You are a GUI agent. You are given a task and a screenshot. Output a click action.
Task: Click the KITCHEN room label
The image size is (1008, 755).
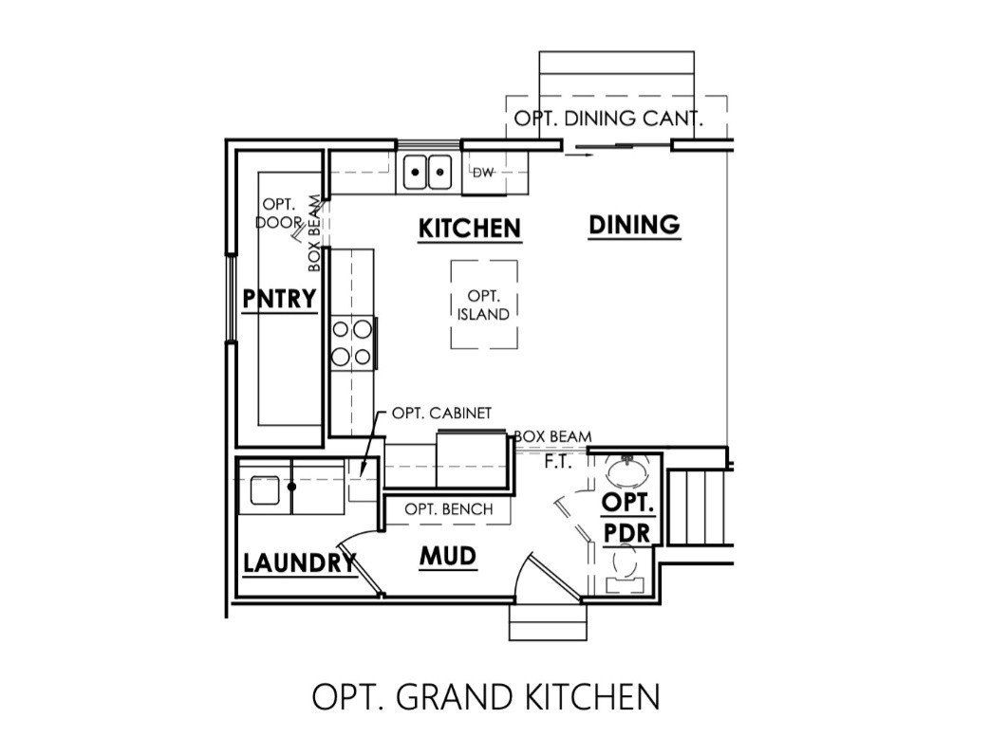point(470,229)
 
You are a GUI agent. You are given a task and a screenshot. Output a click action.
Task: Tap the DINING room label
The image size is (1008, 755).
point(634,226)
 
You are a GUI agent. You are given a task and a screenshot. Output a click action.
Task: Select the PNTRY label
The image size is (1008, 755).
point(279,299)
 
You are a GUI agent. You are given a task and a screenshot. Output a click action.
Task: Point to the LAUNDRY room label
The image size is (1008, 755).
point(298,562)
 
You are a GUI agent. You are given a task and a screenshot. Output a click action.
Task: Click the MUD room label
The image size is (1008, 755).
point(447,557)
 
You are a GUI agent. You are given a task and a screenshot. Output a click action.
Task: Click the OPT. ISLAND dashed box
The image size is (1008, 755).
point(484,304)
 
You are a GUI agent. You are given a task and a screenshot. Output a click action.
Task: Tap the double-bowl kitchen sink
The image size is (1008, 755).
point(427,174)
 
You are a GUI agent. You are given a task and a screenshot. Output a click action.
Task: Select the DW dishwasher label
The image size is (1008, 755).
point(483,173)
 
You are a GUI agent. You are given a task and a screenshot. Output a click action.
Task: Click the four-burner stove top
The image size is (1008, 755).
point(351,342)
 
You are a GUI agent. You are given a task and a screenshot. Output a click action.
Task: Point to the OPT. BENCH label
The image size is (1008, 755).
point(449,509)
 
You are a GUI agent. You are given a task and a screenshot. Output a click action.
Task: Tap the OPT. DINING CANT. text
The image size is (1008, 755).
point(607,120)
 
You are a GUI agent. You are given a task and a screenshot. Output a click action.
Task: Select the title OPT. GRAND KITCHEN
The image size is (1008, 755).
point(485,697)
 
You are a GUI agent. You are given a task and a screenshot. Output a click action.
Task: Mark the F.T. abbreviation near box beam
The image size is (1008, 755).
point(557,463)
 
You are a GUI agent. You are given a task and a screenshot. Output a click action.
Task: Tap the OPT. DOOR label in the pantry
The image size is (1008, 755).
point(279,213)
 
